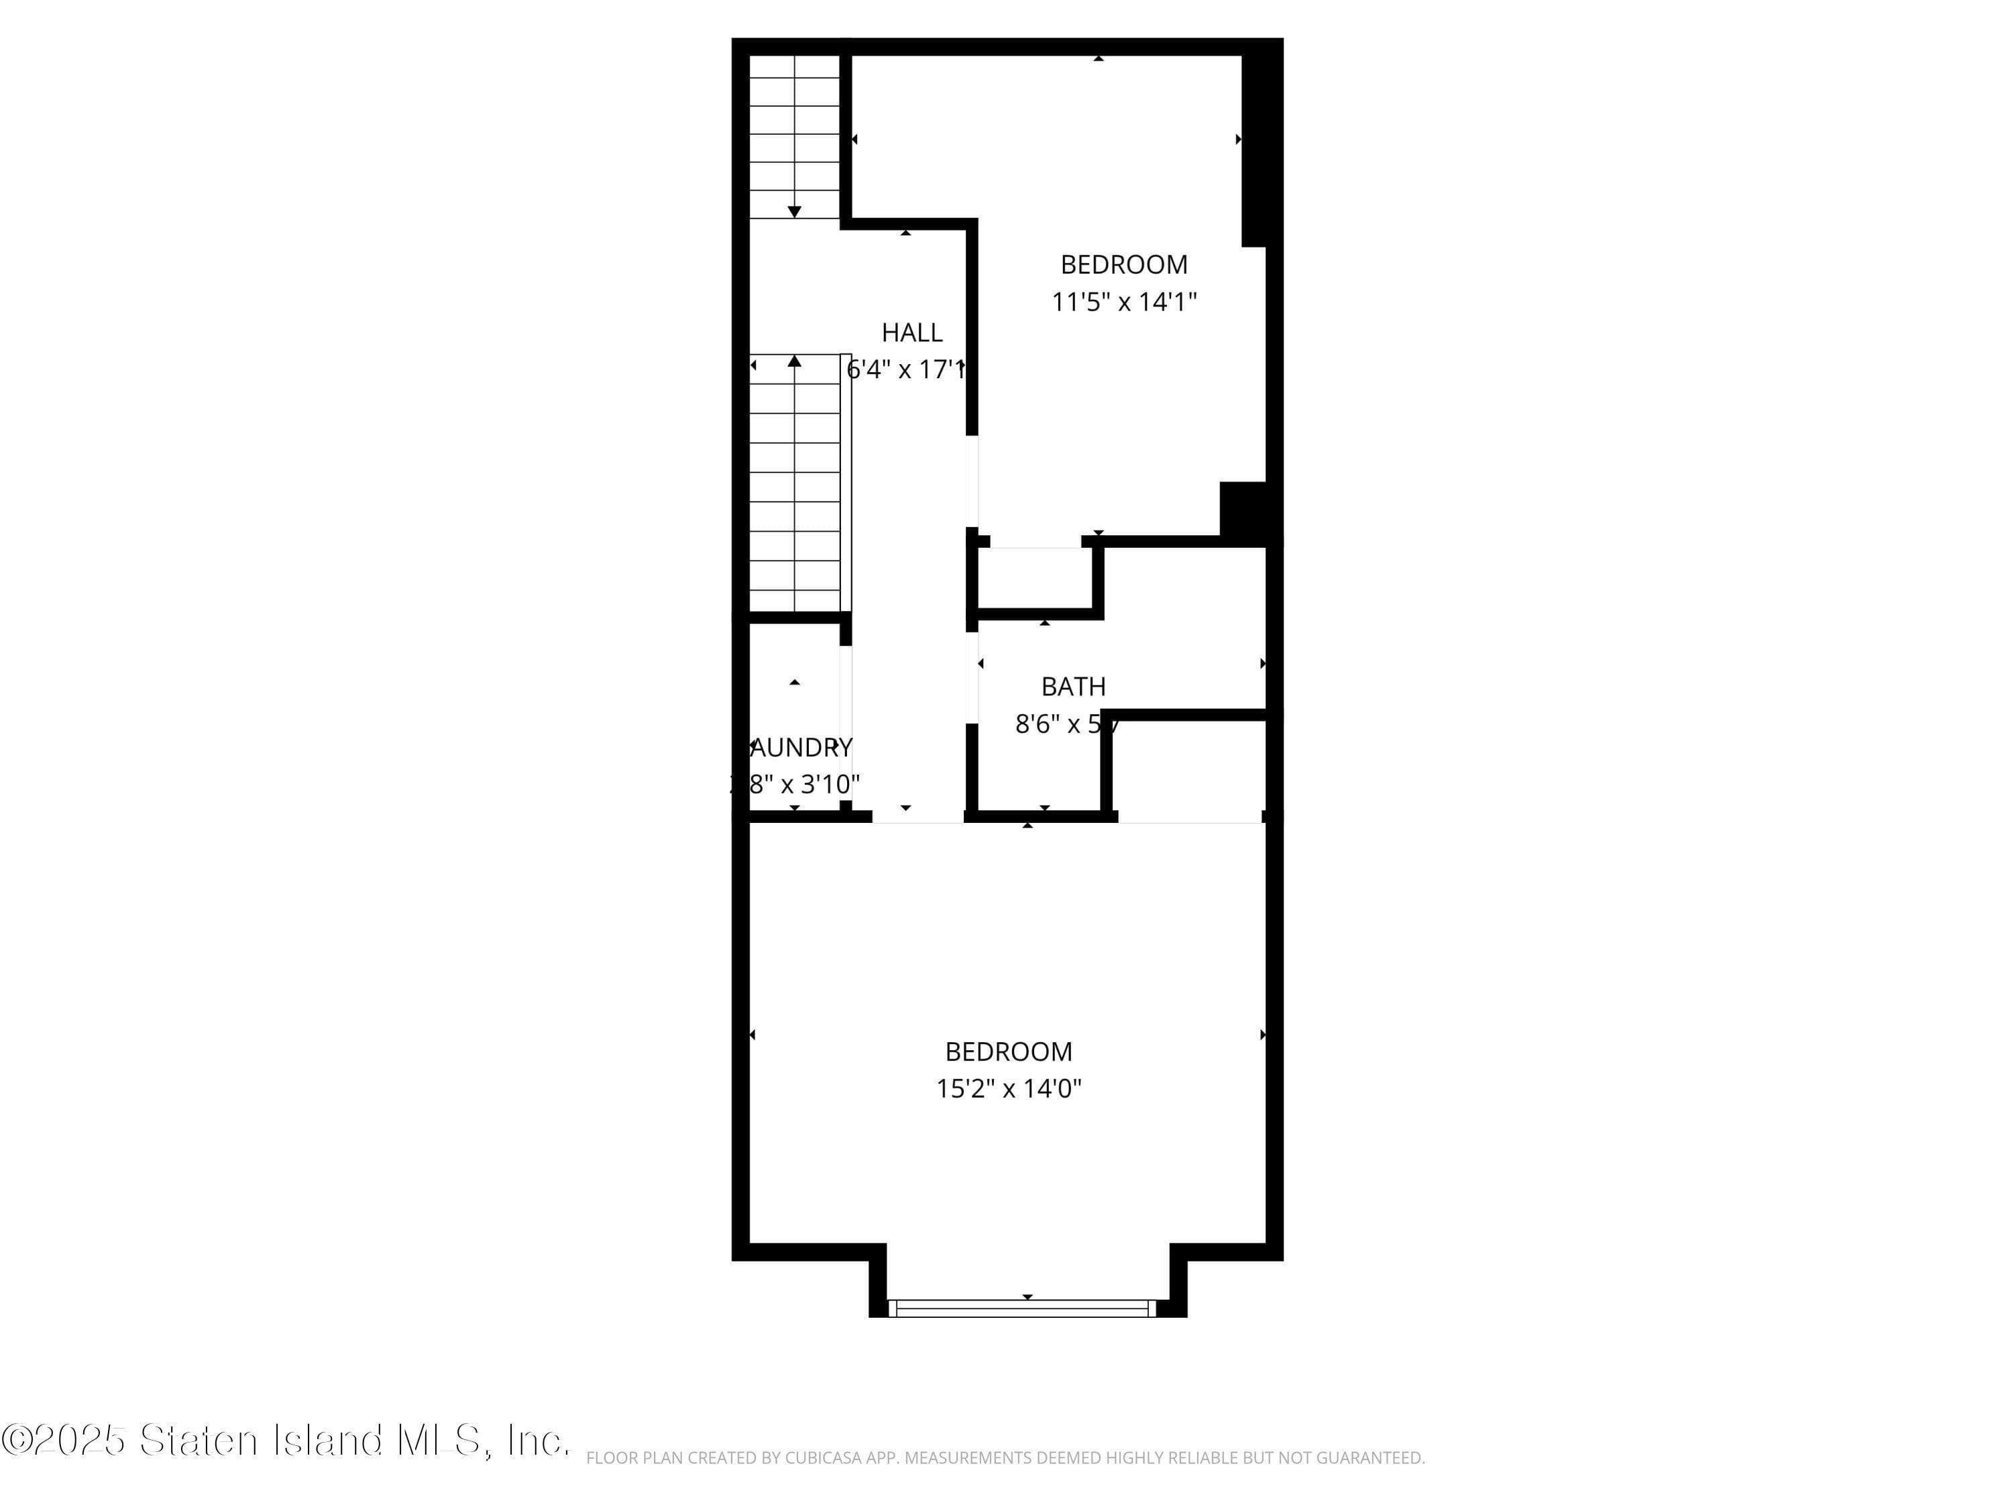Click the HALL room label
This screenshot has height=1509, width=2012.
(x=911, y=333)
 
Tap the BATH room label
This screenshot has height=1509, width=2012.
(x=1073, y=687)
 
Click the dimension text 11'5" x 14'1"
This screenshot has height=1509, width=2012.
(x=1124, y=302)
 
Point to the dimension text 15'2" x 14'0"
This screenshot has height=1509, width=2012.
(x=1009, y=1088)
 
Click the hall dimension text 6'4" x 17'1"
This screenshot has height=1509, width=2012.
(x=905, y=370)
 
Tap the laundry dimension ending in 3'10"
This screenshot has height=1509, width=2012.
(x=797, y=784)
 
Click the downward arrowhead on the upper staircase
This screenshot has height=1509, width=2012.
(x=794, y=212)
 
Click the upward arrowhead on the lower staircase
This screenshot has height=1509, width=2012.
(x=794, y=361)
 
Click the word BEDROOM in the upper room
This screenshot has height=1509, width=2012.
(x=1124, y=265)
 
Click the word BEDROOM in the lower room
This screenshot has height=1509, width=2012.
(x=1009, y=1052)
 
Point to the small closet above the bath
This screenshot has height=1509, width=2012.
(x=1035, y=579)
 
